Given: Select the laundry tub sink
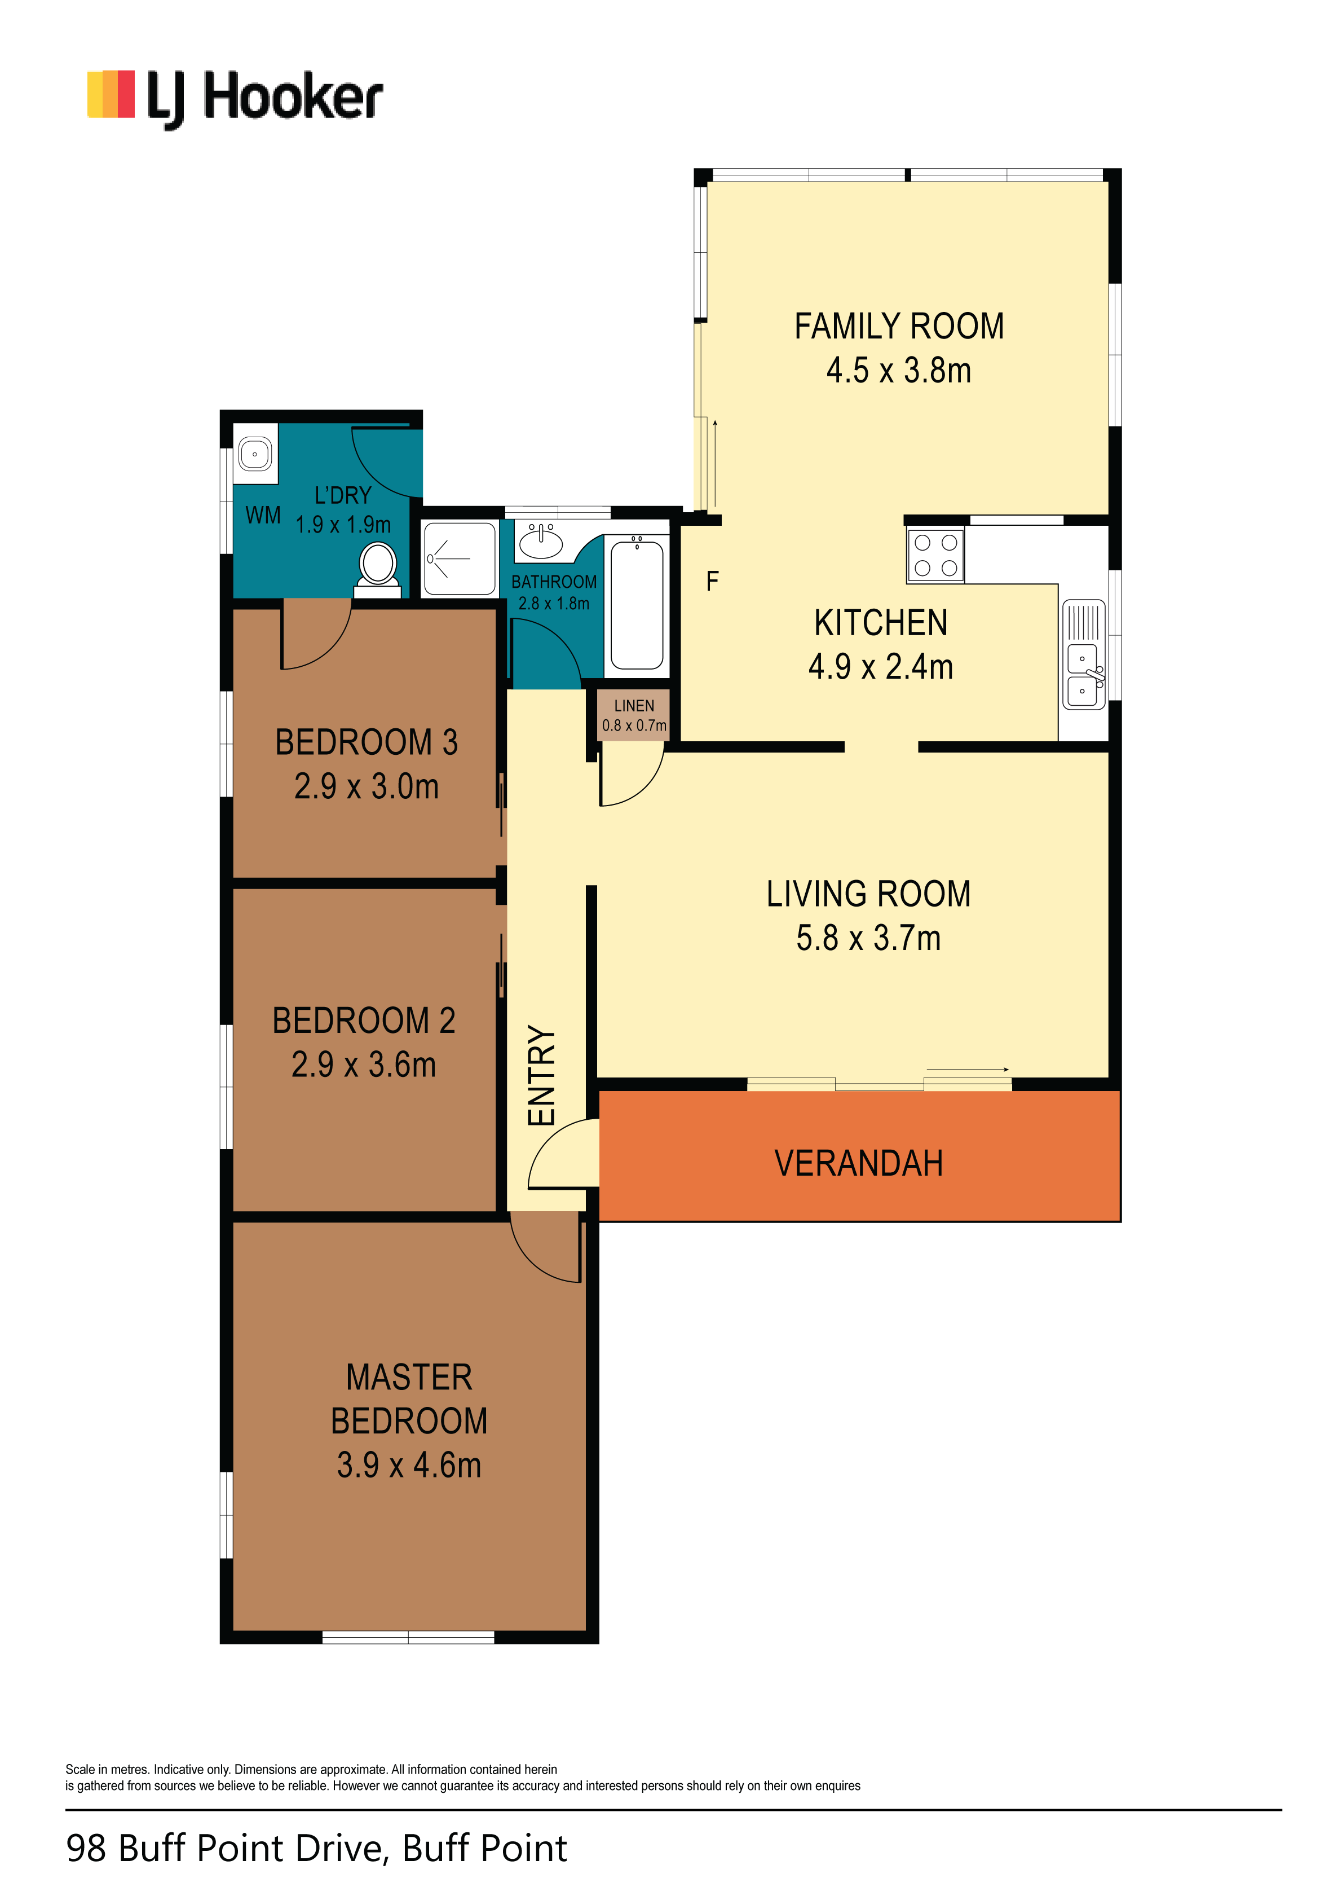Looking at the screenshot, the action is tap(255, 454).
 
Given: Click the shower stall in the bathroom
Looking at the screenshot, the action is tap(459, 558).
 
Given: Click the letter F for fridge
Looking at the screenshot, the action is tap(712, 582).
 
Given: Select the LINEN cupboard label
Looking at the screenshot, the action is tap(634, 706).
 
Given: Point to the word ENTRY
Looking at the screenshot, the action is tap(541, 1075).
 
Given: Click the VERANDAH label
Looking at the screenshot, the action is tap(859, 1163).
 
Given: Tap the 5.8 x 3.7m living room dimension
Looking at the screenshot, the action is tap(869, 938).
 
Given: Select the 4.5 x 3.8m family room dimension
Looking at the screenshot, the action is tap(899, 371).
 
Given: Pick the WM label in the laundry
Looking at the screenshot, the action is tap(263, 516).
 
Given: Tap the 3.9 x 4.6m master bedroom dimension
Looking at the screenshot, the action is tap(409, 1466).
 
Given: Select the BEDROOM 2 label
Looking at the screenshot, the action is tap(364, 1021).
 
